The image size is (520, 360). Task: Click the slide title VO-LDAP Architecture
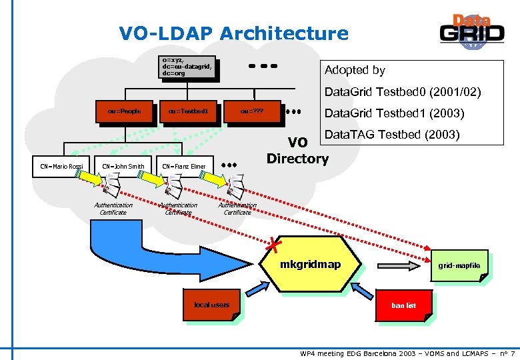[x=233, y=33]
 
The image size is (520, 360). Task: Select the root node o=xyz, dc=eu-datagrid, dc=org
[x=187, y=67]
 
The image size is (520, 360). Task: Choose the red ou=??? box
[x=253, y=111]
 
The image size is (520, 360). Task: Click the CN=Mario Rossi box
[x=59, y=166]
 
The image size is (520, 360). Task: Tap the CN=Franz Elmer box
[x=184, y=166]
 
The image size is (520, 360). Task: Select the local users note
[x=211, y=305]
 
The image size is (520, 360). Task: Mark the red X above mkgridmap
[x=272, y=245]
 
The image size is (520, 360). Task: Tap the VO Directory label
[x=297, y=151]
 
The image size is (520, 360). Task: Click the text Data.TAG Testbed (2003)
[x=391, y=135]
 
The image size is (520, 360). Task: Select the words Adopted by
[x=354, y=70]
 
